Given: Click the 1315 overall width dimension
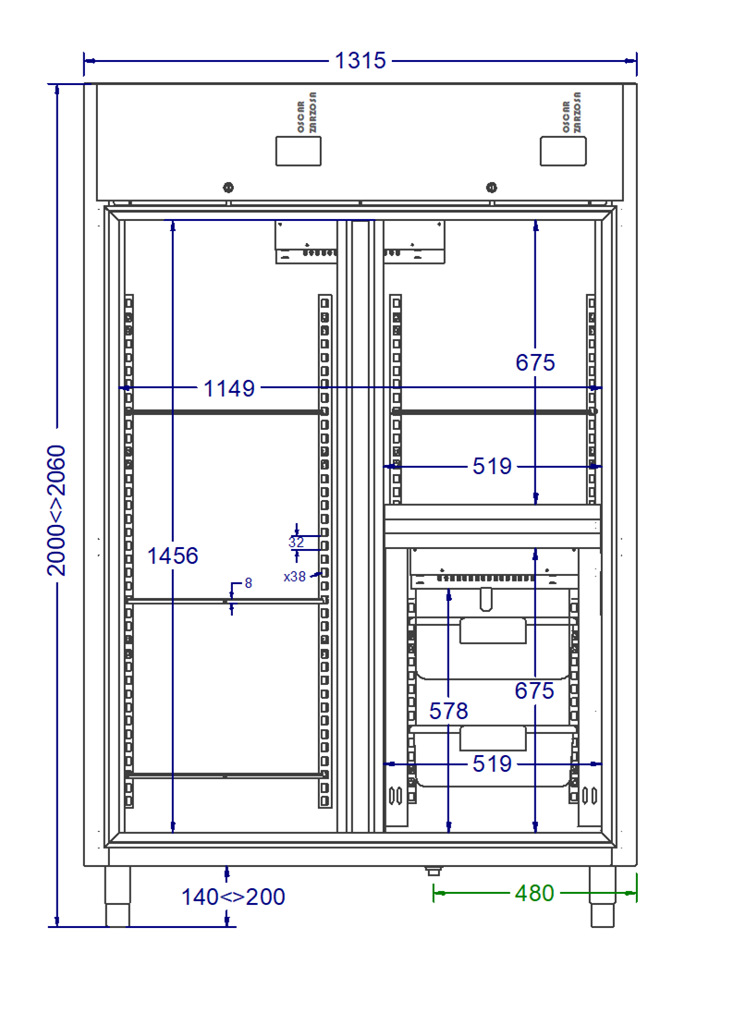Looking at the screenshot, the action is (360, 61).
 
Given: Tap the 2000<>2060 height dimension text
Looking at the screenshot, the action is (56, 510).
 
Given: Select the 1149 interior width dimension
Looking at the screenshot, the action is (228, 388).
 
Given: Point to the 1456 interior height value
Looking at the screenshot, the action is (173, 555).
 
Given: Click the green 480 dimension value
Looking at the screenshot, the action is (534, 893).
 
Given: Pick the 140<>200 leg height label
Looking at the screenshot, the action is (233, 897).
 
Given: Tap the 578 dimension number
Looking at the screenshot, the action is (448, 712).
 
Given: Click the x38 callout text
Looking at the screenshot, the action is (295, 576).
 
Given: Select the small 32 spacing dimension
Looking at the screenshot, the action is (296, 542).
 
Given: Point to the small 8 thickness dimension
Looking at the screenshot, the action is (248, 582).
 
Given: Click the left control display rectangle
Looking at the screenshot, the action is (299, 152).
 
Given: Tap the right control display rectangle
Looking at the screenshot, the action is (563, 152).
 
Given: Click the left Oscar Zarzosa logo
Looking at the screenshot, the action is (307, 113).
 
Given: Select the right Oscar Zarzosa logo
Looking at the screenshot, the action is (571, 113).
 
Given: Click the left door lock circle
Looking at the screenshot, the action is (228, 188).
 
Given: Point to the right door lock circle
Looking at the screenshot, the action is (492, 188).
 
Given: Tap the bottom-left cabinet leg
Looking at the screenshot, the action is (117, 897).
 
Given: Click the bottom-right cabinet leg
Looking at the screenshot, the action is (602, 897).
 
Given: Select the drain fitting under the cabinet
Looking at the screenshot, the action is (434, 871).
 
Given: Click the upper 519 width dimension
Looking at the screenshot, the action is (492, 466).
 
